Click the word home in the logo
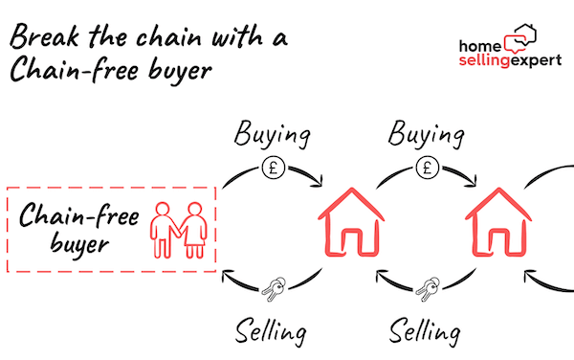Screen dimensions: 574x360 [x=481, y=45]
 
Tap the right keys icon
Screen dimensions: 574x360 [x=427, y=286]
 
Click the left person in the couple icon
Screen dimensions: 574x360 [x=164, y=229]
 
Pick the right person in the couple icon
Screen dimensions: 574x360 [x=193, y=229]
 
